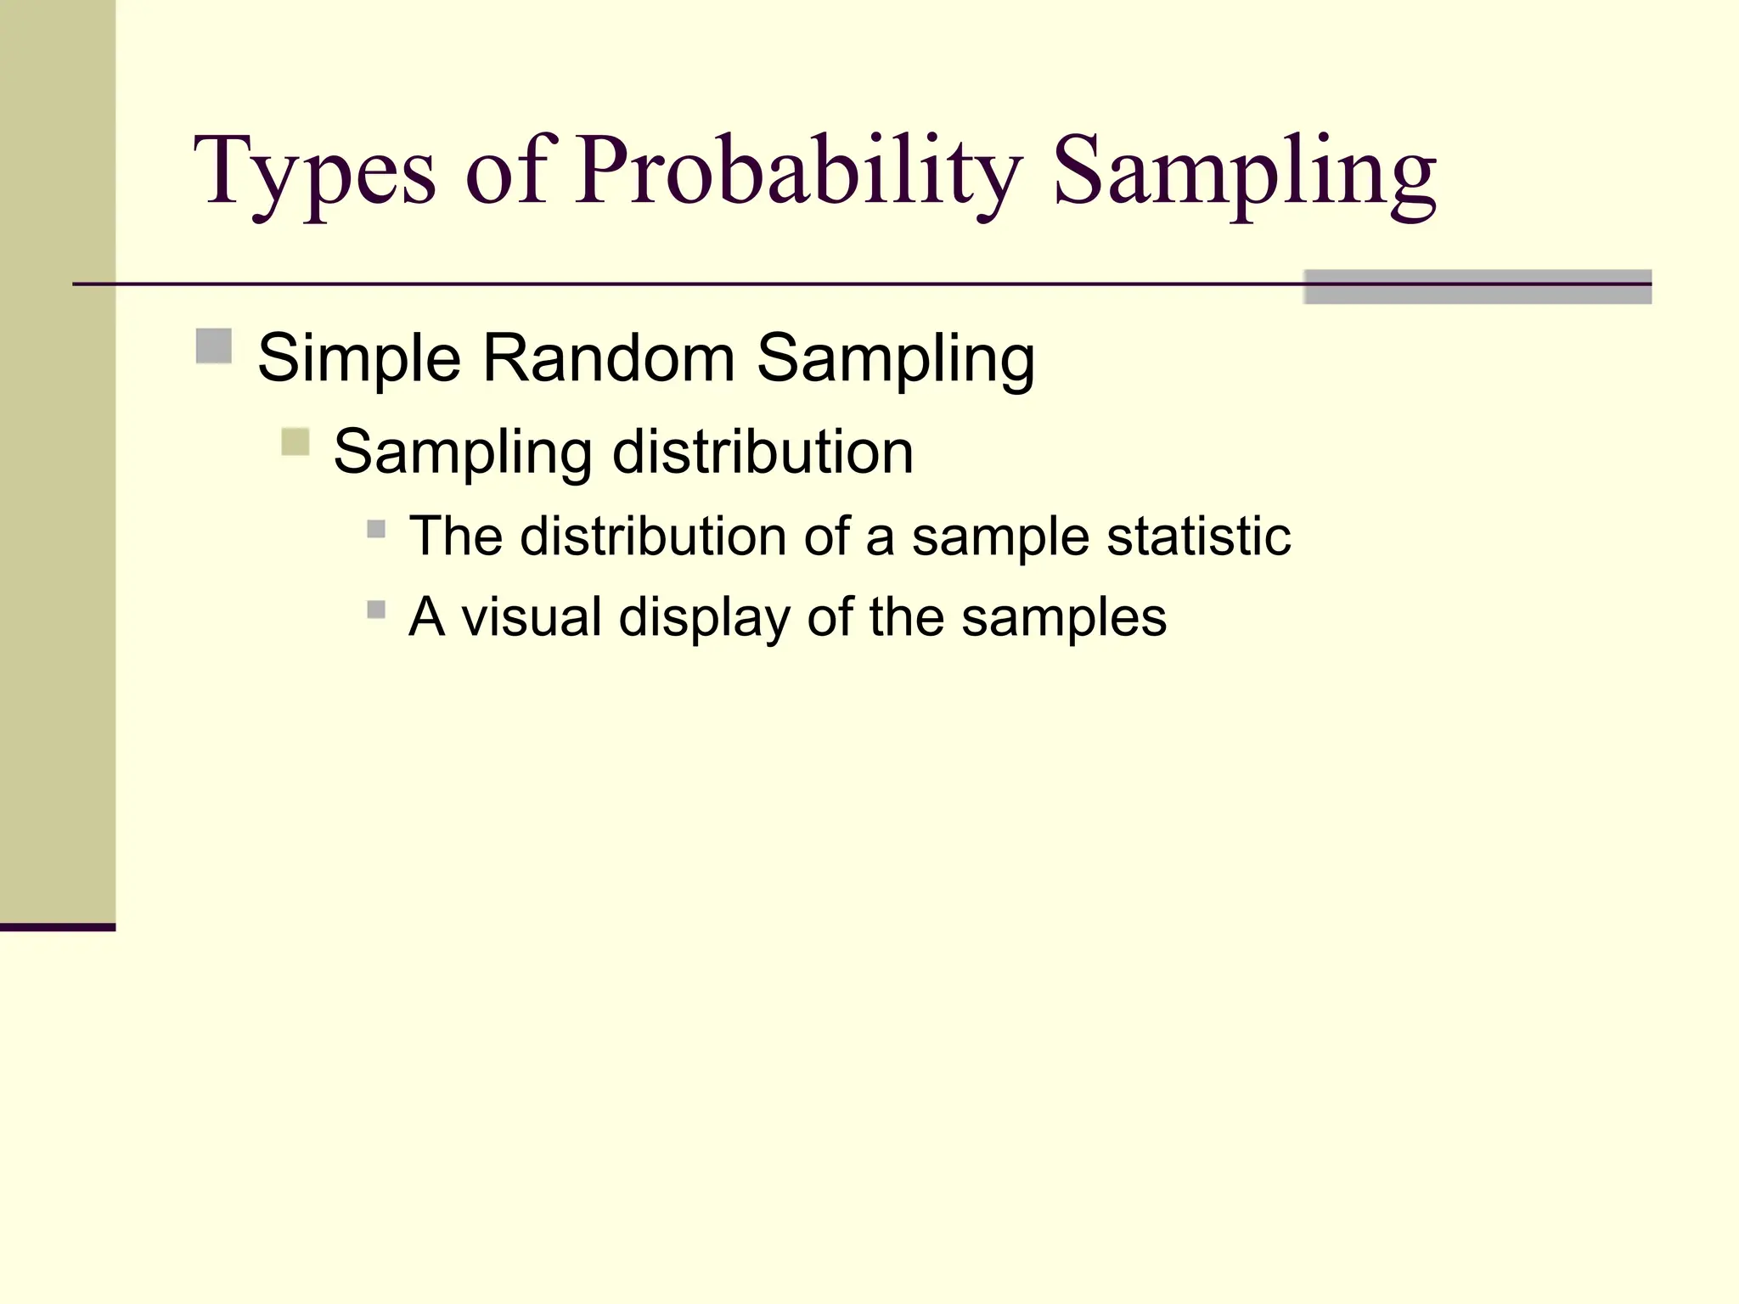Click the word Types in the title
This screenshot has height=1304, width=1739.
coord(314,174)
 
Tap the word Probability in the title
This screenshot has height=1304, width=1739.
coord(798,174)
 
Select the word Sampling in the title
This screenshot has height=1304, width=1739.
coord(1244,174)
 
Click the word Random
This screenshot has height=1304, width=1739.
coord(608,358)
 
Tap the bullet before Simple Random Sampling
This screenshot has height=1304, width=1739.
coord(214,346)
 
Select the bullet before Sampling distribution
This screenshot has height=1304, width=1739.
coord(295,442)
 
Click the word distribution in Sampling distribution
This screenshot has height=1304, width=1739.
coord(763,452)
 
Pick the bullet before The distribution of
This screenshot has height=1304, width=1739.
coord(376,530)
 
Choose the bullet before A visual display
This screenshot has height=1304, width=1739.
coord(376,610)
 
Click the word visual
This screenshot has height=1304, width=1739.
coord(532,616)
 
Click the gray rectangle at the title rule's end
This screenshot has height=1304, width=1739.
coord(1477,287)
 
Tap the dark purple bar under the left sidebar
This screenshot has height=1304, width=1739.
coord(57,927)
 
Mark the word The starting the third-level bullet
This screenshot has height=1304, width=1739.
coord(456,537)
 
